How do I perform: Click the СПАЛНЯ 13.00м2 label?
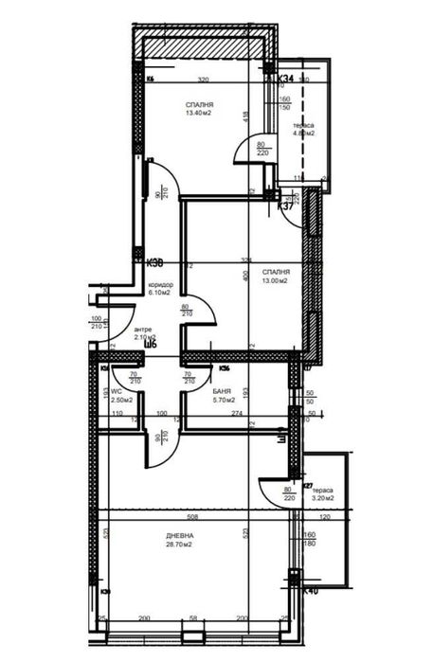276,277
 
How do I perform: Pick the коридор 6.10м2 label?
160,289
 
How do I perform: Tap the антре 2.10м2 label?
143,333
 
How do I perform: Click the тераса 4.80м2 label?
304,130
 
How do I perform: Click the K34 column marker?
285,79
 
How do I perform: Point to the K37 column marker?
284,205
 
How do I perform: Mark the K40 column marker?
310,589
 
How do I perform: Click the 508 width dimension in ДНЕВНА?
193,517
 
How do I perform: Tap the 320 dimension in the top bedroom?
203,81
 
